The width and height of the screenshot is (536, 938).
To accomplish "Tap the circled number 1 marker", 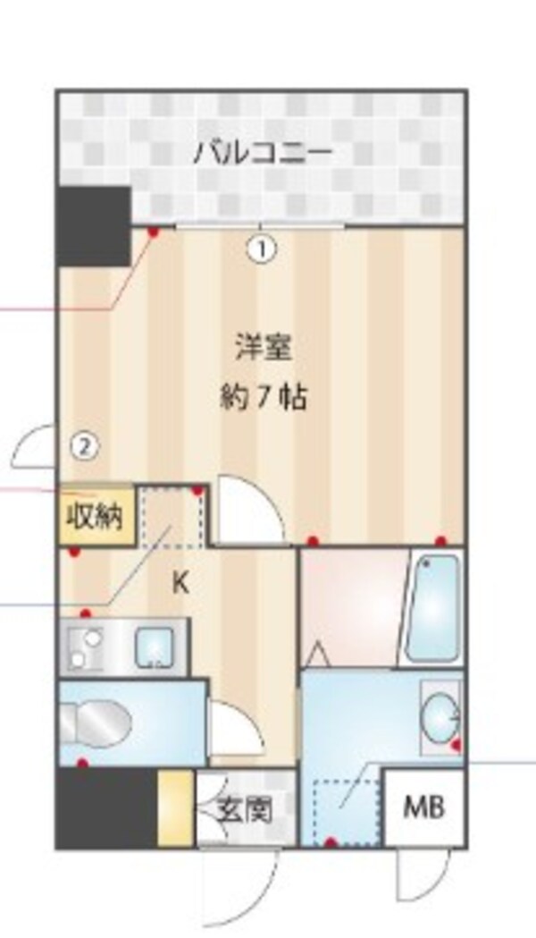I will point(261,248).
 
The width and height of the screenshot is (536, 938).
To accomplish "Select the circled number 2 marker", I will point(83,444).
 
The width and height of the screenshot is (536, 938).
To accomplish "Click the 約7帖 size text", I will point(263,396).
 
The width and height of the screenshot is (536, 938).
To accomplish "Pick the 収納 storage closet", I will point(96,516).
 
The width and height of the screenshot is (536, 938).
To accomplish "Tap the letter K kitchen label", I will point(180,583).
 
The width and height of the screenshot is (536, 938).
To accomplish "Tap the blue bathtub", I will point(433,607).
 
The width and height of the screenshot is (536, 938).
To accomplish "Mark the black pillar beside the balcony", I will point(93,226).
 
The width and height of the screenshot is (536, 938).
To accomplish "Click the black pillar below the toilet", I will point(106,807).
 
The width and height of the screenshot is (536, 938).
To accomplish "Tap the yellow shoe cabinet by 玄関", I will point(175,807).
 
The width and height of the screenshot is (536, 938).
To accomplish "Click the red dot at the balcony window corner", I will point(153,232).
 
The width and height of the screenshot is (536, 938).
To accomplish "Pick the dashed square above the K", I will point(173,516).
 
